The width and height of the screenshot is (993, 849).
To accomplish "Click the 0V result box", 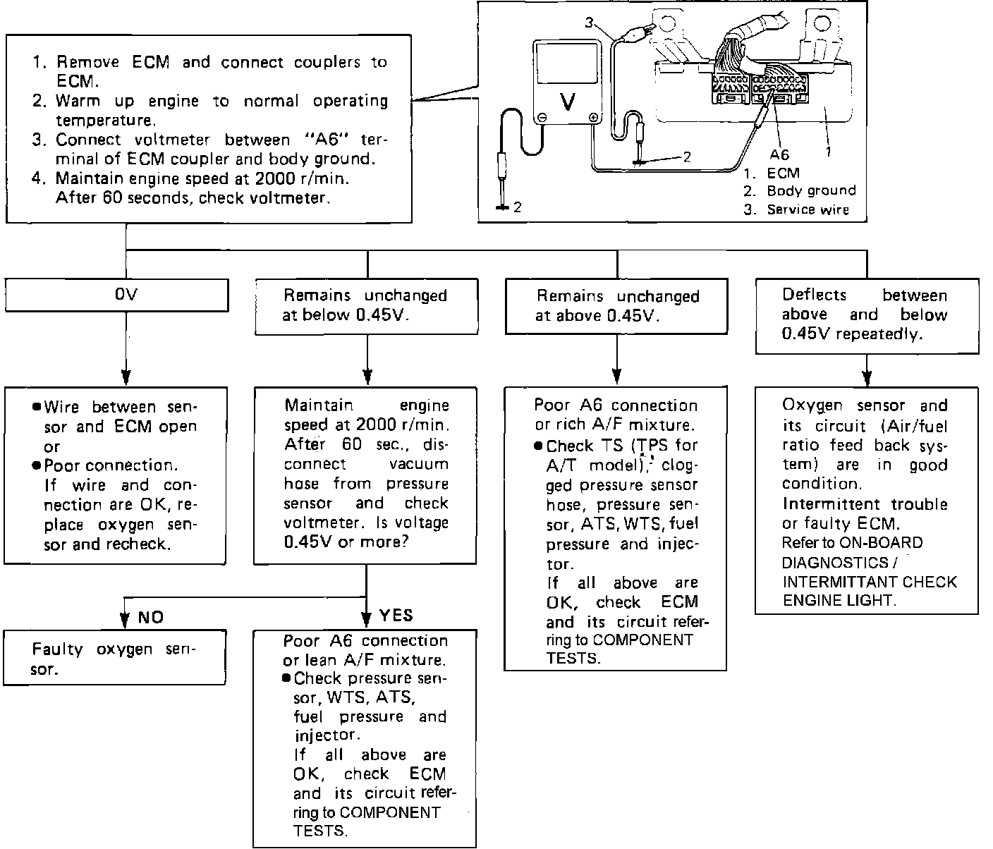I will point(116,295).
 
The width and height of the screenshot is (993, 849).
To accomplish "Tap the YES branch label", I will point(396,616).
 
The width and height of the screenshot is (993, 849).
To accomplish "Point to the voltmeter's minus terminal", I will point(542,118).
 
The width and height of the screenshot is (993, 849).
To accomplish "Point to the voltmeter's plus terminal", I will point(593,118).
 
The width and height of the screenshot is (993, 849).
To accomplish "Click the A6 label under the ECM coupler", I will point(779,154).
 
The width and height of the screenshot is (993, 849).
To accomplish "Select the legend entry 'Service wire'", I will point(808,209).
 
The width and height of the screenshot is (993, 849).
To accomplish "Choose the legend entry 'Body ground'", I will point(811,190).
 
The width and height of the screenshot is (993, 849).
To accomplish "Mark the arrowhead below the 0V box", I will point(126,374).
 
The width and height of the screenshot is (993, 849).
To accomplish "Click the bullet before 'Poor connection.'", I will point(37,465).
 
